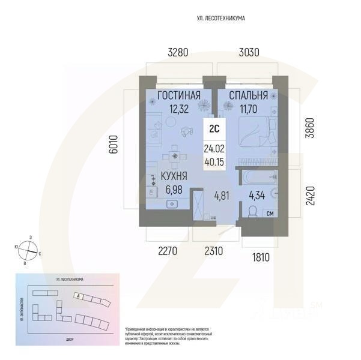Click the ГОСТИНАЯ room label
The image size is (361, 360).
click(x=178, y=96)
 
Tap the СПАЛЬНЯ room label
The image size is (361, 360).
click(x=247, y=96)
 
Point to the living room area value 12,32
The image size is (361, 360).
click(x=178, y=109)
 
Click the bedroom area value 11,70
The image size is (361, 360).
click(x=247, y=109)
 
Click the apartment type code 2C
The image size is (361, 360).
click(x=213, y=128)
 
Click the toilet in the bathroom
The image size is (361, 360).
click(x=252, y=212)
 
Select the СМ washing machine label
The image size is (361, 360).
click(x=270, y=214)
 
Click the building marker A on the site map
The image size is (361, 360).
click(x=78, y=296)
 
